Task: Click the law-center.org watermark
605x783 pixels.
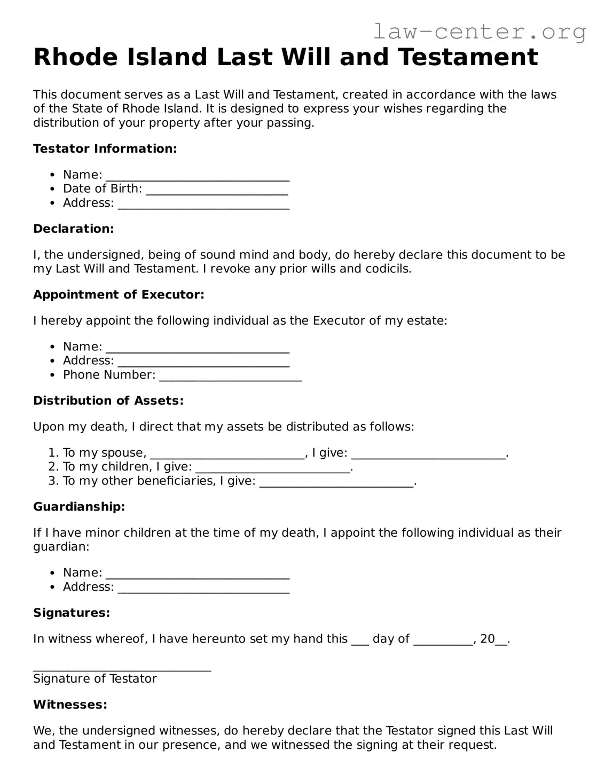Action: [479, 32]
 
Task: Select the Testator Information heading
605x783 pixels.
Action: [105, 148]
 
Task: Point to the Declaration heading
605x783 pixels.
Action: [74, 229]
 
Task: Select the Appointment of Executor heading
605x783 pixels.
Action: [119, 295]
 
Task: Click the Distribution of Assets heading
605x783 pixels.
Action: [108, 401]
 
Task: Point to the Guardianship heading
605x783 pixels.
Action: [79, 506]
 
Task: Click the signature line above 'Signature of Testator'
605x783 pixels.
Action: [122, 668]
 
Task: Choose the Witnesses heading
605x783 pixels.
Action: [70, 704]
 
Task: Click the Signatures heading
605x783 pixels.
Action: [72, 613]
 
